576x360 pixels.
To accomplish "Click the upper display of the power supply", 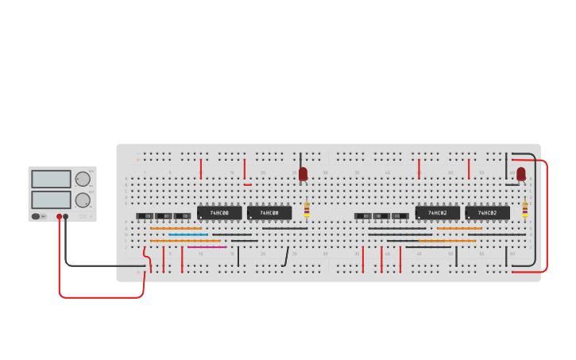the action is click(51, 179).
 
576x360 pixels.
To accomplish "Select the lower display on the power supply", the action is click(51, 199).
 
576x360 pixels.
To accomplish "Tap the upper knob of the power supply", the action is click(83, 179).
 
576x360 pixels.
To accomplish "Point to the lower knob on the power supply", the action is click(83, 199).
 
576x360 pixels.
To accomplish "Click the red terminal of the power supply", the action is click(59, 216).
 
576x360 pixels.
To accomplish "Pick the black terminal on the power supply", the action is click(66, 216).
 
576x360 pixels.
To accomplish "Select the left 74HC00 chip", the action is click(219, 213).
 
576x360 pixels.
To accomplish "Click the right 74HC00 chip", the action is click(269, 213).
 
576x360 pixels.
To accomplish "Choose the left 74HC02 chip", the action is click(437, 213).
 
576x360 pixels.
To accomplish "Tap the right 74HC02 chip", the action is click(487, 213).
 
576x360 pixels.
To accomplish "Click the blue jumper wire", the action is click(188, 234).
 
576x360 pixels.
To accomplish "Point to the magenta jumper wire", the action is click(207, 247).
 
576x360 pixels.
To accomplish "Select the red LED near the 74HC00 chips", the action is click(303, 172).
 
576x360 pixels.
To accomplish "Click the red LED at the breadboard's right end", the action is click(521, 172).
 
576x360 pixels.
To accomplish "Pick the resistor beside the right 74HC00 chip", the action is click(307, 210).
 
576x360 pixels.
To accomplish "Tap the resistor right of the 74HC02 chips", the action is click(525, 210).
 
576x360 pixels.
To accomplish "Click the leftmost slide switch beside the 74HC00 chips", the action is click(145, 216).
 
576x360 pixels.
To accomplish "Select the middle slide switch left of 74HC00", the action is click(164, 216).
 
